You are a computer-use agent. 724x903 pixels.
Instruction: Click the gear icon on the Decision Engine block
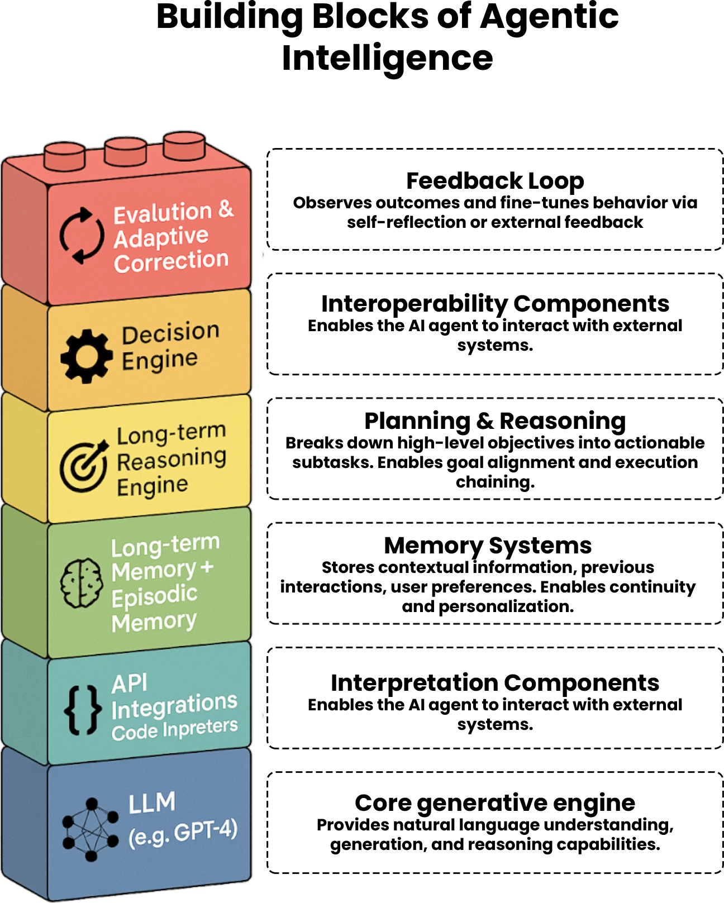[x=87, y=356]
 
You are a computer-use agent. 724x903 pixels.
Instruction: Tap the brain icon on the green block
[x=82, y=583]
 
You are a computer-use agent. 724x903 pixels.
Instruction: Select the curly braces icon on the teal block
[x=83, y=709]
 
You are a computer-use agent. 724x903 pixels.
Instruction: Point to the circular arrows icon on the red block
[x=82, y=235]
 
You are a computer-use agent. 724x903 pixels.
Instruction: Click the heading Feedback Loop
[x=495, y=181]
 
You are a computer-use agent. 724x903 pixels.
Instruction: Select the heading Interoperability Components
[x=495, y=304]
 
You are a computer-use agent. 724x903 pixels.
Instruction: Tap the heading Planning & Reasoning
[x=495, y=421]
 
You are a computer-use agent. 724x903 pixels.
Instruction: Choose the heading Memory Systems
[x=488, y=546]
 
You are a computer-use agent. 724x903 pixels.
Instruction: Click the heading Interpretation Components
[x=495, y=683]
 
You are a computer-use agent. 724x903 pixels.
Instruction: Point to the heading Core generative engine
[x=495, y=803]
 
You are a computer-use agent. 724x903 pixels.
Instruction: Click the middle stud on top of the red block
[x=126, y=151]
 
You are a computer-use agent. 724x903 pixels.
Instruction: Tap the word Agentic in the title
[x=549, y=17]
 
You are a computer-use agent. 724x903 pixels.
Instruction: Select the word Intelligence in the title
[x=387, y=58]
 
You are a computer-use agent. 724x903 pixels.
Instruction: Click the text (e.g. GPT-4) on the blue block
[x=183, y=832]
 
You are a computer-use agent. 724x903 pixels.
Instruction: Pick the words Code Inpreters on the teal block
[x=174, y=729]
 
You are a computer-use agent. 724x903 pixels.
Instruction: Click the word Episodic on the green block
[x=154, y=596]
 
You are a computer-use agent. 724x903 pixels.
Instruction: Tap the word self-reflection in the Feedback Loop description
[x=406, y=222]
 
